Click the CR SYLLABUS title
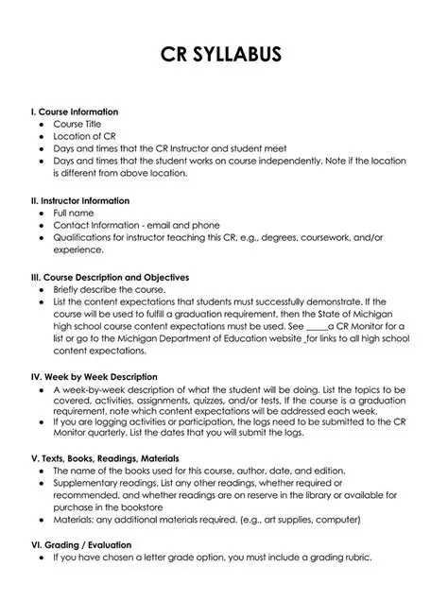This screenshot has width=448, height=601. [223, 56]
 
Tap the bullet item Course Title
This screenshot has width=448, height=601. [77, 124]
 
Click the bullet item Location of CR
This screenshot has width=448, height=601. [84, 136]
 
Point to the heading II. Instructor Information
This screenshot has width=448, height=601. [80, 201]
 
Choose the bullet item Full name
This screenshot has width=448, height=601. [73, 214]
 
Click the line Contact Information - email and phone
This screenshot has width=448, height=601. [136, 226]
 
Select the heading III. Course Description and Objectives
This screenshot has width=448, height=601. [111, 278]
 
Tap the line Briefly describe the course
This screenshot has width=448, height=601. [109, 290]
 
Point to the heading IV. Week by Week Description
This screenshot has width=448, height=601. [95, 378]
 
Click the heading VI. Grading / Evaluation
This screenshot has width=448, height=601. [81, 545]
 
